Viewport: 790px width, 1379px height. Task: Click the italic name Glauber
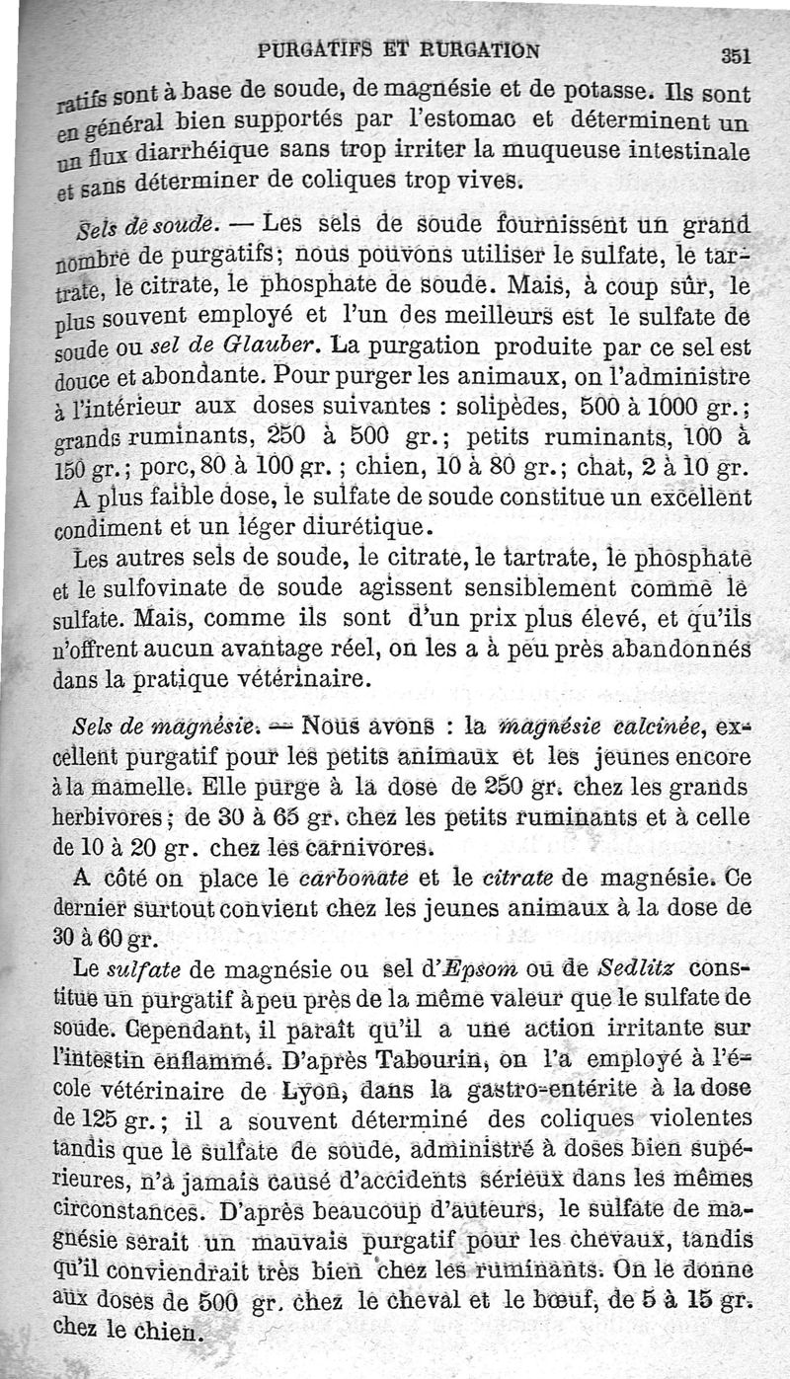pos(276,348)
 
